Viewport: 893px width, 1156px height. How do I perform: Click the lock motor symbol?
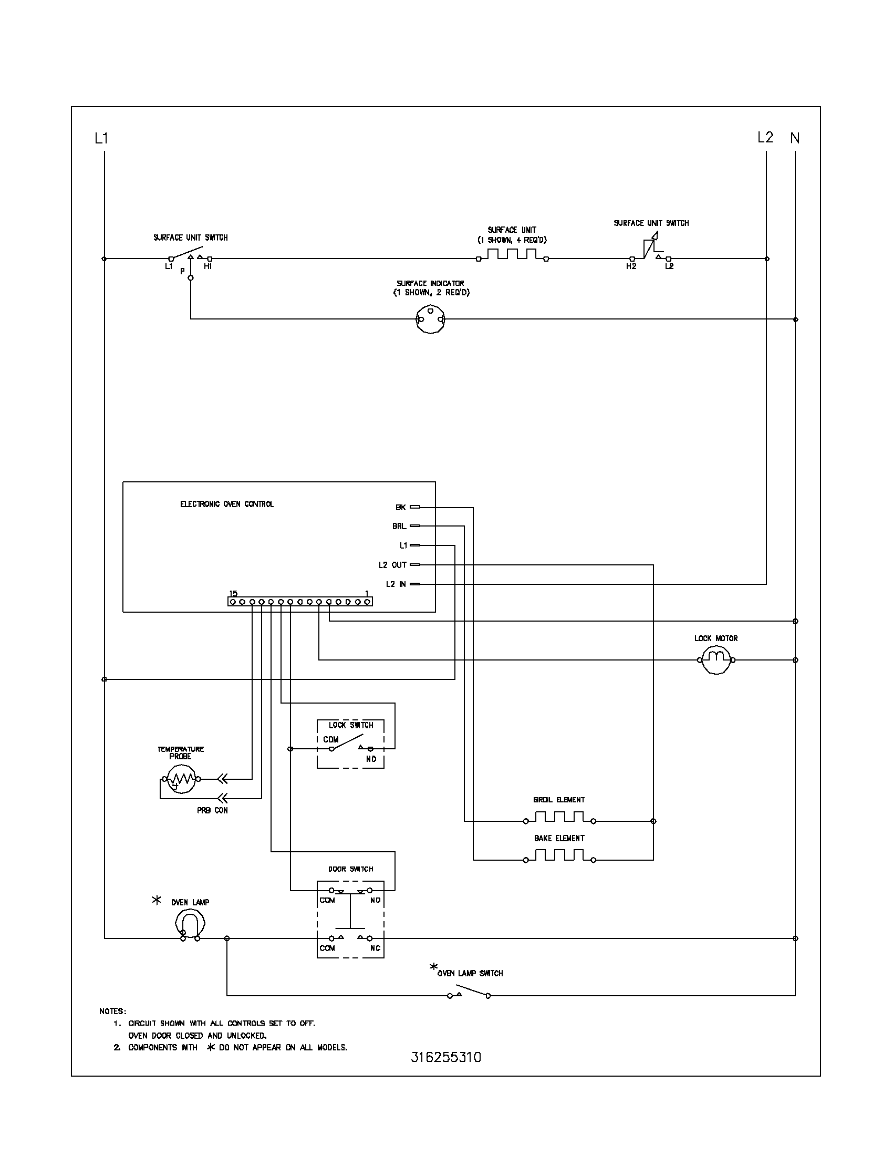tap(716, 659)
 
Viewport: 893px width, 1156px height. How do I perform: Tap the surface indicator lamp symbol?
tap(431, 319)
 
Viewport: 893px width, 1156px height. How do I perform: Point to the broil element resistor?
tap(559, 817)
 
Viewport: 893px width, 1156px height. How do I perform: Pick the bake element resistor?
tap(559, 856)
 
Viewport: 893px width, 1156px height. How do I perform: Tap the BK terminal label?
tap(400, 507)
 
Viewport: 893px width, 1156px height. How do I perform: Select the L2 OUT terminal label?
tap(392, 565)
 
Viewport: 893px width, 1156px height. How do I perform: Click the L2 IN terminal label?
tap(396, 584)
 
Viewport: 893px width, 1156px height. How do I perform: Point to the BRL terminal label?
tap(399, 526)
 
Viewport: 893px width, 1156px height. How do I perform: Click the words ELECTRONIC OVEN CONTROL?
tap(227, 504)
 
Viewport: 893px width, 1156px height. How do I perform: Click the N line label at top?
tap(795, 138)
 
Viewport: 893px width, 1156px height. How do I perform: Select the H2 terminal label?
tap(630, 267)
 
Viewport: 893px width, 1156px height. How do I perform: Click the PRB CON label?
tap(212, 810)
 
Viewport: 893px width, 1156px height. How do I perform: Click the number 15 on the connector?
tap(233, 593)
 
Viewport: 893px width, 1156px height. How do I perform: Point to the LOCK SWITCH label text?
tap(351, 725)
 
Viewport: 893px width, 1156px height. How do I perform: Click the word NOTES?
tap(113, 1011)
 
